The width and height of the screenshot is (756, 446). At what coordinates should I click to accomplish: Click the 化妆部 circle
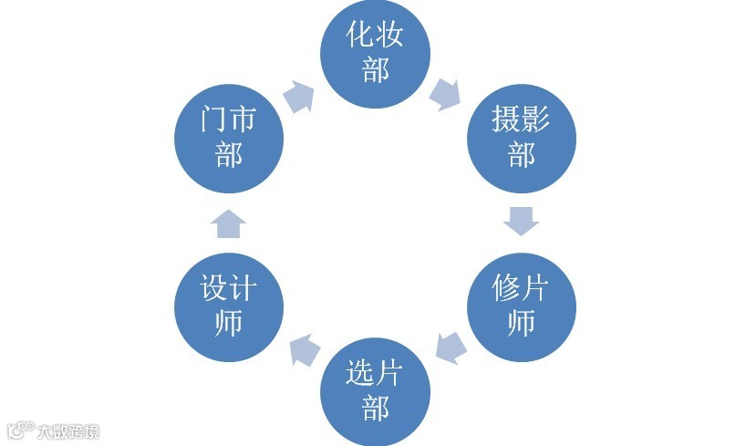tap(375, 53)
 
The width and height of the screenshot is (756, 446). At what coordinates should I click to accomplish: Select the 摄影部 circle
tap(521, 137)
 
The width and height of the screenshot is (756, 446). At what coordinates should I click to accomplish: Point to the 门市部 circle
tap(229, 137)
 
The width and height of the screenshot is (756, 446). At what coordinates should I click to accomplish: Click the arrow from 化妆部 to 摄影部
tap(446, 93)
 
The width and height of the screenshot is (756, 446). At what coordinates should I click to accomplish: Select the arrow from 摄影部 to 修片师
tap(521, 221)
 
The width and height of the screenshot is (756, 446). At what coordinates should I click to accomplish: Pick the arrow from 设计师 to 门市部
tap(229, 223)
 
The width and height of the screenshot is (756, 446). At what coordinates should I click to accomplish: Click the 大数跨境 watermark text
tap(68, 431)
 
